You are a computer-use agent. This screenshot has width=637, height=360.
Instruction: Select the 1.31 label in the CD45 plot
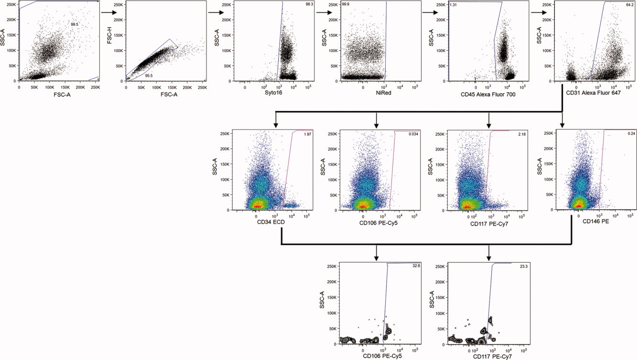[454, 5]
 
